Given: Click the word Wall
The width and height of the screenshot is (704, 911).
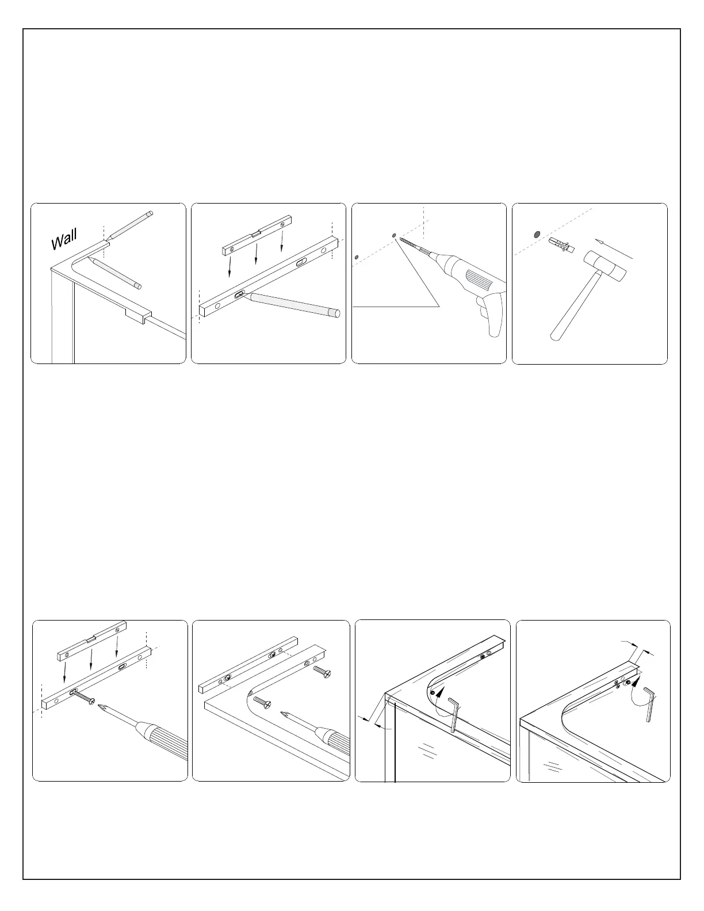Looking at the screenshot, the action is point(64,239).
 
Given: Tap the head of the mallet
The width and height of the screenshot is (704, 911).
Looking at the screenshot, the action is point(606,267).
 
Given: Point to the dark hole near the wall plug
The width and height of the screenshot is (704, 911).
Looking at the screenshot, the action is point(536,234).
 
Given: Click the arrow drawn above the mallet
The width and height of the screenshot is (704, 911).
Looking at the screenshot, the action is point(614,249).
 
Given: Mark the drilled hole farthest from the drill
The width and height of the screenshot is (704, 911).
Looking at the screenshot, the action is point(356,258).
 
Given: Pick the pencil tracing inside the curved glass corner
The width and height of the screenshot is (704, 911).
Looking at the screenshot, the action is point(115,273).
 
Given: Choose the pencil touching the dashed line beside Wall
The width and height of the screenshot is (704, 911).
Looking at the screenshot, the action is point(129,227).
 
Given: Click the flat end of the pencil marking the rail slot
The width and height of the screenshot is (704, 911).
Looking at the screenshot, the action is point(336,313).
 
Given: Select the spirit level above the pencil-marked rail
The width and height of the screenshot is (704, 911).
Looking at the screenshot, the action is point(256,235).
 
